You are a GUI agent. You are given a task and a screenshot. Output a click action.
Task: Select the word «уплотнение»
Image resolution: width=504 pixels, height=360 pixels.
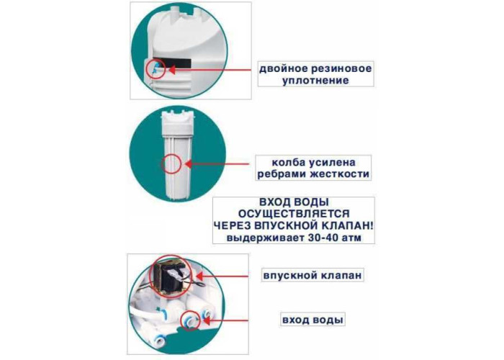315,80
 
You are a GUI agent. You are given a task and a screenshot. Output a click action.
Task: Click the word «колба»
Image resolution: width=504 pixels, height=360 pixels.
289,162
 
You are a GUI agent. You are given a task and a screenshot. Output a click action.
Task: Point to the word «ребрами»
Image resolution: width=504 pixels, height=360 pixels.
282,174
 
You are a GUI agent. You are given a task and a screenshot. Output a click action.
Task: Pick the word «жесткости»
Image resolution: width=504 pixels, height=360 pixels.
339,174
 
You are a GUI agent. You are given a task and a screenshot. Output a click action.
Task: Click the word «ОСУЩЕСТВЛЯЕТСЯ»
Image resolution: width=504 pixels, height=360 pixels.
294,214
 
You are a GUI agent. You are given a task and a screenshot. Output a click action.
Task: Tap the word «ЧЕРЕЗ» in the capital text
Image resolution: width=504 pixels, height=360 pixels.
232,225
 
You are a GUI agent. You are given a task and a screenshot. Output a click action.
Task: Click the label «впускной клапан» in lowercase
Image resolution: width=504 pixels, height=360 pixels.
312,276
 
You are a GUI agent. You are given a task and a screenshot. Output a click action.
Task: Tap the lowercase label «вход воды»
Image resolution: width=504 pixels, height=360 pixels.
312,320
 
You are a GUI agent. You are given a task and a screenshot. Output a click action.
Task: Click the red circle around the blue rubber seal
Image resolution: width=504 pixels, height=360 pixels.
165,69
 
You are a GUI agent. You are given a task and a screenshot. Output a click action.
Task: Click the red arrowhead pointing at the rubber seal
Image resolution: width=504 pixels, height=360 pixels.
172,70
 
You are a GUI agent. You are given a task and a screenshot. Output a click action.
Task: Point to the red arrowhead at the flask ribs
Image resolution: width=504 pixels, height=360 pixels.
189,164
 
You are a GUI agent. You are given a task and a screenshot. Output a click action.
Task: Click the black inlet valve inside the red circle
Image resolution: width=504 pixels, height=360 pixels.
174,278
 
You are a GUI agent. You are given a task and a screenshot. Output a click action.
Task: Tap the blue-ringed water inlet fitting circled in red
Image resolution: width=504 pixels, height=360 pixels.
189,320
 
